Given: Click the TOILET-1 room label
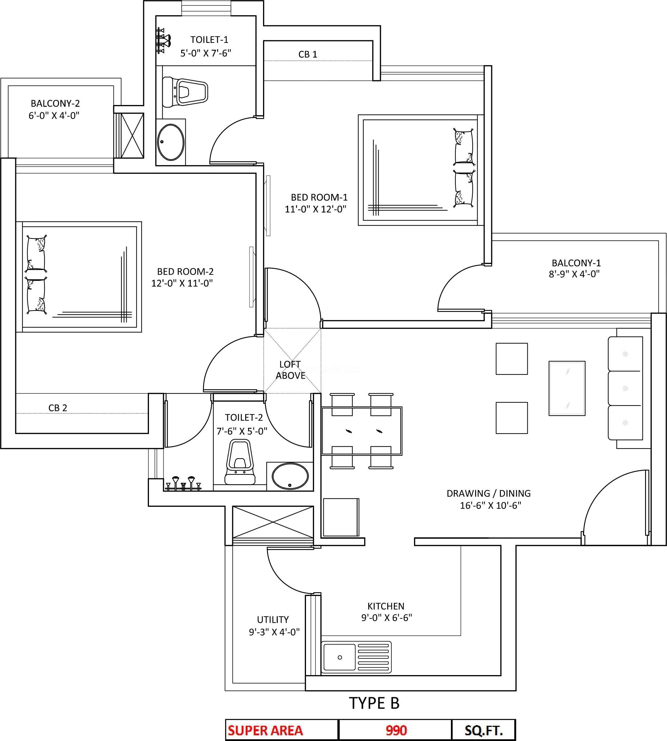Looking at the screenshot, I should click(x=209, y=39).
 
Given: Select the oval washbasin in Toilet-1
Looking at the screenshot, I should click(x=171, y=142).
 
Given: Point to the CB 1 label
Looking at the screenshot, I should click(x=307, y=54).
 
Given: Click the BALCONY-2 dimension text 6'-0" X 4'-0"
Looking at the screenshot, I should click(x=54, y=116).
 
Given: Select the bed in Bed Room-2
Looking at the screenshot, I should click(x=79, y=277).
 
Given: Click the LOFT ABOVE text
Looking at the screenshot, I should click(x=290, y=370).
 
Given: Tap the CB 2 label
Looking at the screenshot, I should click(x=58, y=408).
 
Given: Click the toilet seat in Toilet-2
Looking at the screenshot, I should click(x=240, y=462).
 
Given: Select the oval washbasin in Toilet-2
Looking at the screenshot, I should click(x=290, y=476).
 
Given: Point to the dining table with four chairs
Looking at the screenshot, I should click(x=362, y=431).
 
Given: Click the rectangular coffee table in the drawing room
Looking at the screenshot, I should click(x=566, y=388).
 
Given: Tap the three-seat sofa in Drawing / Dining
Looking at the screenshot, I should click(x=625, y=388).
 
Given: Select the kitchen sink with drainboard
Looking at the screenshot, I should click(x=356, y=657).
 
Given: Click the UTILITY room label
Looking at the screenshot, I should click(x=273, y=620).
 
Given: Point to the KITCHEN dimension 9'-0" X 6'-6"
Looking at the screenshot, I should click(x=387, y=618).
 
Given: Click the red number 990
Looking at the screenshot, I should click(x=396, y=730).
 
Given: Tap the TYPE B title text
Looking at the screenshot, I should click(x=374, y=703).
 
